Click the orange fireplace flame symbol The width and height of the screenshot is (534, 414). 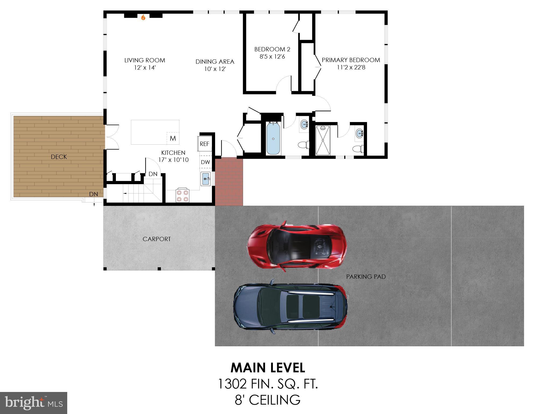[143, 17]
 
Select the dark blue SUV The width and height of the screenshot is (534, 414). [290, 307]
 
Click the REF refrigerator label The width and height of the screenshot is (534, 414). [204, 144]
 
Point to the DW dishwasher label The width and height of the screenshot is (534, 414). [205, 162]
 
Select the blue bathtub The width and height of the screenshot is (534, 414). [273, 139]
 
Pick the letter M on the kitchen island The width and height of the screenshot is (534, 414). [173, 138]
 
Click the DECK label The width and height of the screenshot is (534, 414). [59, 157]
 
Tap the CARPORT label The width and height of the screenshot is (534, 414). [156, 239]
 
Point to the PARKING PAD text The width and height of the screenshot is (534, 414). [366, 277]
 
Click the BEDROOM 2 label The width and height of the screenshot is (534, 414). [272, 49]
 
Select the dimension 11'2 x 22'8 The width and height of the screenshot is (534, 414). [351, 67]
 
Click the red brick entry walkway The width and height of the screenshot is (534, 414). [229, 182]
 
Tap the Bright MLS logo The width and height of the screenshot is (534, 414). [34, 403]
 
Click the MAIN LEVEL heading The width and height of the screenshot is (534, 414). [268, 368]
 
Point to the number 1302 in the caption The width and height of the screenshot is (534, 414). [232, 384]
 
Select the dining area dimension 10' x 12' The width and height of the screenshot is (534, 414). [215, 69]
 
